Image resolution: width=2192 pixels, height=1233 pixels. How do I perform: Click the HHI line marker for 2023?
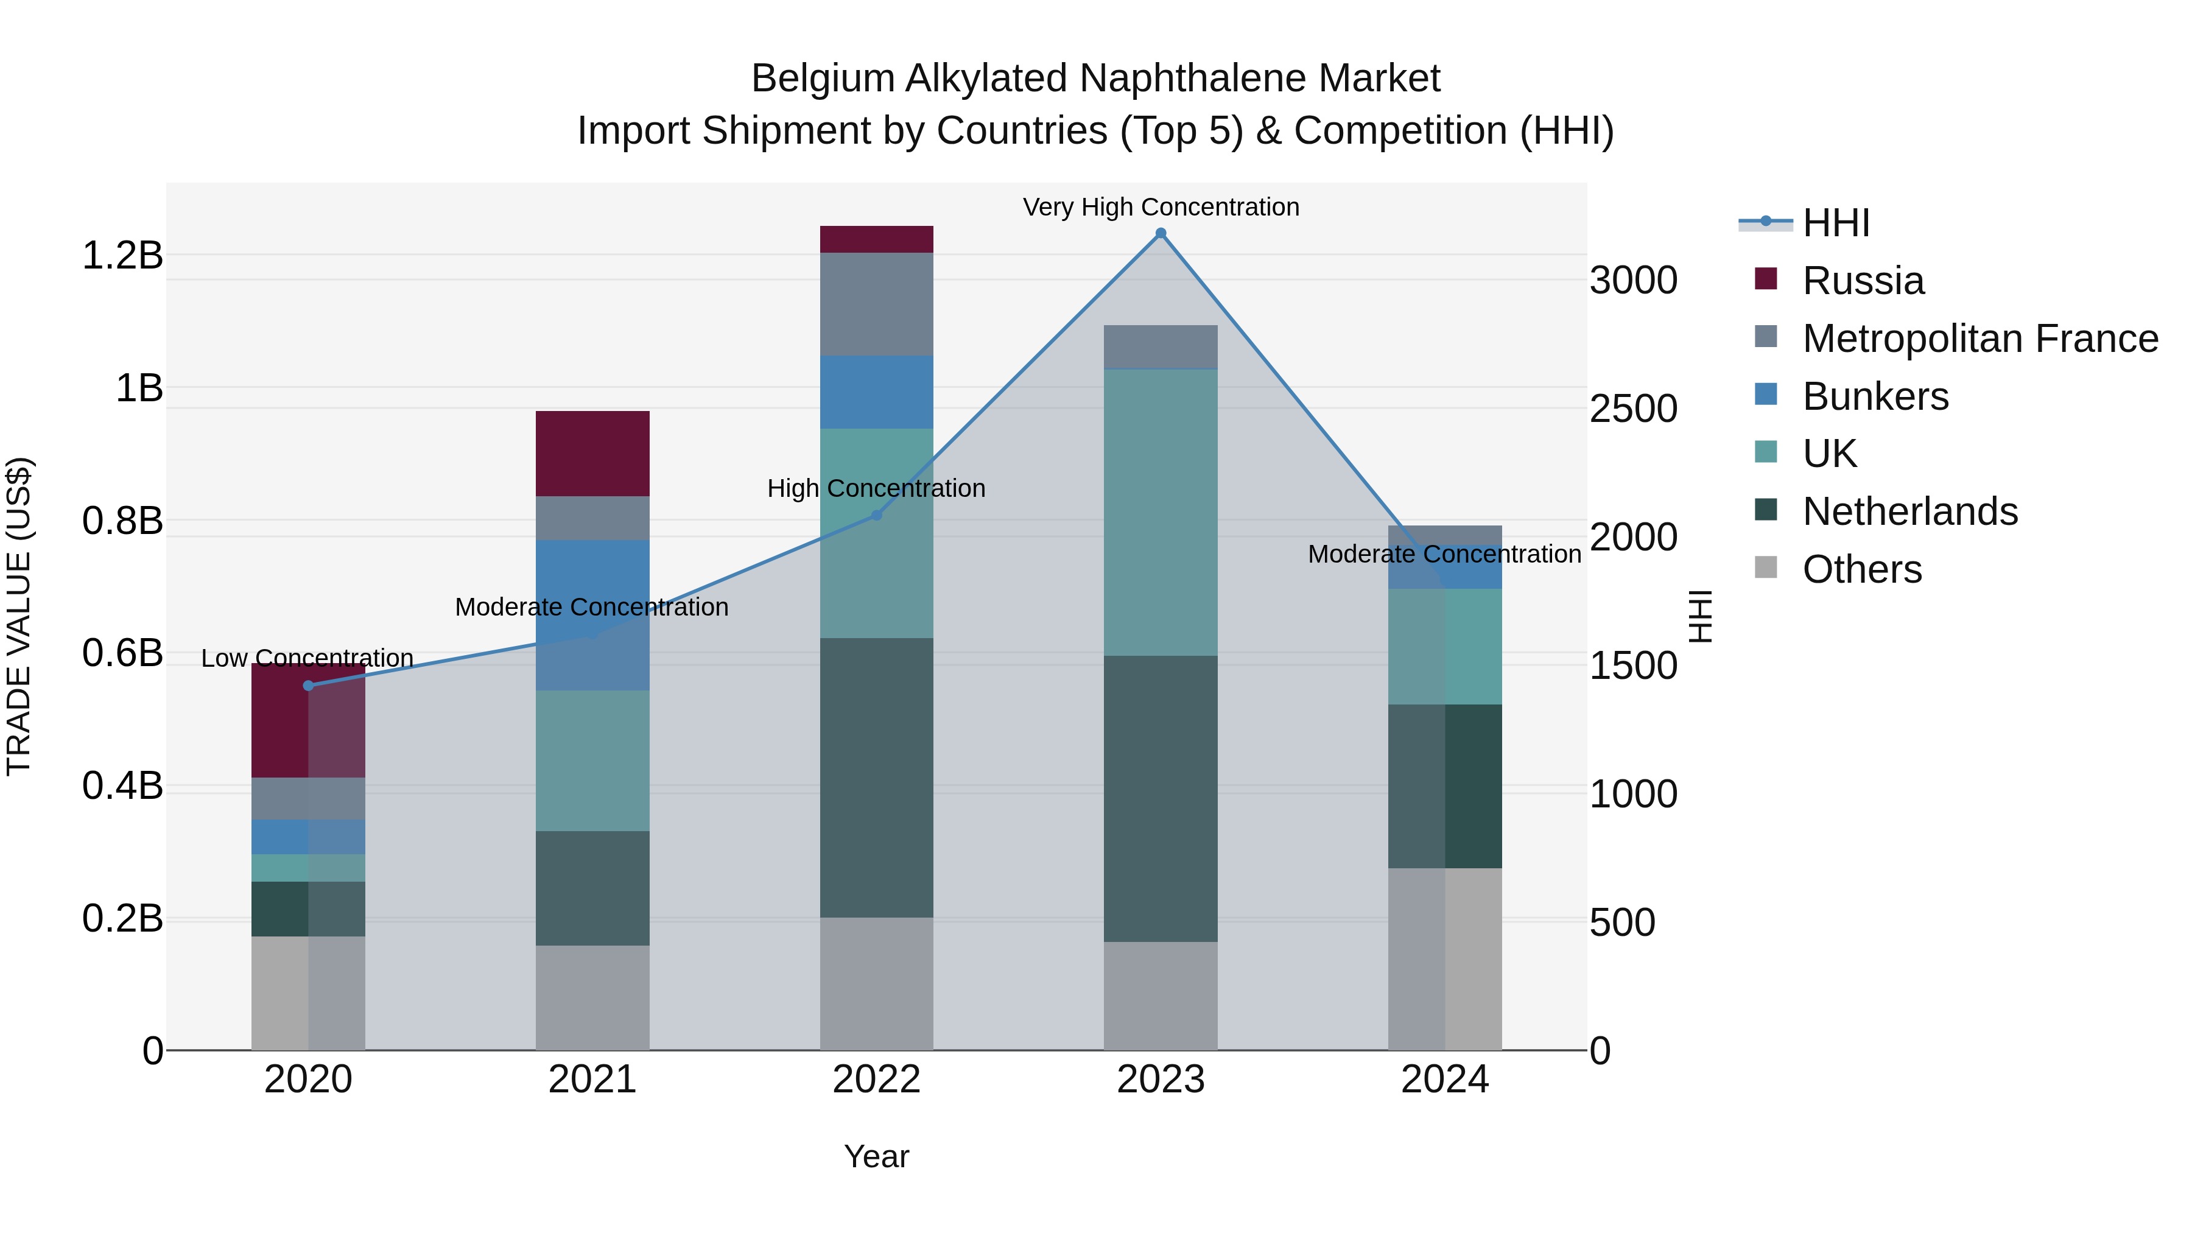click(1161, 233)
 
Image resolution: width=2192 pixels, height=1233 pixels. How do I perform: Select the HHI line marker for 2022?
click(876, 515)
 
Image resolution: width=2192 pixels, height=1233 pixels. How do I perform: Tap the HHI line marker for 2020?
click(308, 686)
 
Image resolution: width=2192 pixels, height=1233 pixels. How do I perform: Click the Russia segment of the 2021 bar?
click(592, 454)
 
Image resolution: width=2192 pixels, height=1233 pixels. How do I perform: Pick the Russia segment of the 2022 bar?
click(876, 239)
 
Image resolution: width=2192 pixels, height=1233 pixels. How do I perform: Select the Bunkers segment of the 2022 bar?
click(876, 392)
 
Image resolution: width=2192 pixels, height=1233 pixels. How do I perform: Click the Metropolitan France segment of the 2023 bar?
click(1161, 346)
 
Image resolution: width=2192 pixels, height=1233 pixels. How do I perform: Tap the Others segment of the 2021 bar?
click(592, 997)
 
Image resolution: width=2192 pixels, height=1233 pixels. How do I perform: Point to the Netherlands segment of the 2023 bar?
click(1161, 798)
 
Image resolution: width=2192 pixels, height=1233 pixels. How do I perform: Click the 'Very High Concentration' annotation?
click(1161, 207)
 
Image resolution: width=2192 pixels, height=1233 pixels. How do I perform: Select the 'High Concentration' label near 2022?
click(876, 488)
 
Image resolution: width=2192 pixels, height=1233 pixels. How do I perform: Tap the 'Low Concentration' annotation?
click(307, 658)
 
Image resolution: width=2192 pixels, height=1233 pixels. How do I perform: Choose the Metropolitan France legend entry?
click(1979, 339)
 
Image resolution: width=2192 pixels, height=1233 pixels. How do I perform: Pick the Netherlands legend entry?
click(1909, 511)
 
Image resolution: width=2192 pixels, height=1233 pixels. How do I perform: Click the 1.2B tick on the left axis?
click(122, 255)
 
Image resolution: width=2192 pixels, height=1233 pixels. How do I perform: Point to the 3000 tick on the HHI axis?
click(1633, 280)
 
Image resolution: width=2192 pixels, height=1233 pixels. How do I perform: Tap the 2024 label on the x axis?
click(1444, 1080)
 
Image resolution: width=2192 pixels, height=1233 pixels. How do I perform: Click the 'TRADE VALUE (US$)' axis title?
click(19, 616)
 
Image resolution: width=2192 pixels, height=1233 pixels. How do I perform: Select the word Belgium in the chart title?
click(822, 79)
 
